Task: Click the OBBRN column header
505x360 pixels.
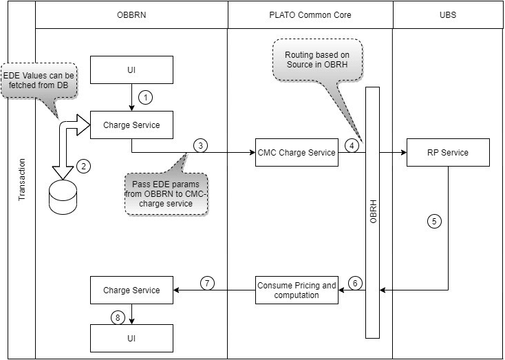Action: click(x=131, y=14)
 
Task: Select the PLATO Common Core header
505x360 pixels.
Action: click(x=310, y=14)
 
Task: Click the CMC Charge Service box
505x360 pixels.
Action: click(x=297, y=152)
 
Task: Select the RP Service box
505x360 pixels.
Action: click(x=448, y=152)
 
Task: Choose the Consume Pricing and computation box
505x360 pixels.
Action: click(x=297, y=290)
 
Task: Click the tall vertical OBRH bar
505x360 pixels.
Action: click(x=372, y=213)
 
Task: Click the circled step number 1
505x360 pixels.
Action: click(x=145, y=97)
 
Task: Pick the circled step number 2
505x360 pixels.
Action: click(x=83, y=165)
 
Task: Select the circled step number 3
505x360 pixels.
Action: click(x=200, y=145)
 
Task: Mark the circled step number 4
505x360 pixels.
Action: click(x=351, y=145)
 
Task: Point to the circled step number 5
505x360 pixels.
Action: click(x=433, y=222)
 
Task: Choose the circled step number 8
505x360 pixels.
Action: click(x=118, y=317)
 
